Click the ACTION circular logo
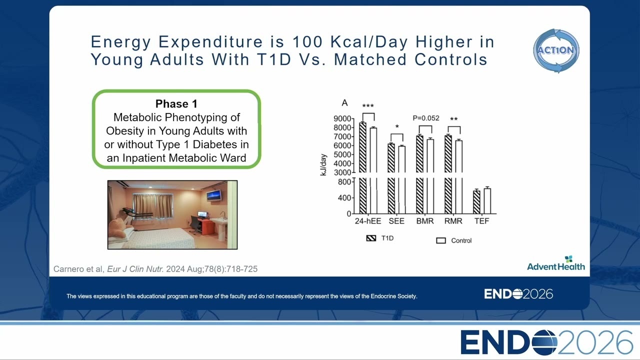pyautogui.click(x=556, y=50)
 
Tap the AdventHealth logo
pyautogui.click(x=555, y=263)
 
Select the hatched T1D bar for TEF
pyautogui.click(x=476, y=201)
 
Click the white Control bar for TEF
pyautogui.click(x=487, y=200)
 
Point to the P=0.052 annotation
pyautogui.click(x=426, y=118)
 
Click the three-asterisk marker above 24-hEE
pyautogui.click(x=368, y=106)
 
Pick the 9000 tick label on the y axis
pyautogui.click(x=342, y=118)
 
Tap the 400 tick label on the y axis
pyautogui.click(x=344, y=197)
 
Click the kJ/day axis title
pyautogui.click(x=323, y=165)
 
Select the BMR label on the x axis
pyautogui.click(x=425, y=221)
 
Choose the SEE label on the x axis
pyautogui.click(x=396, y=221)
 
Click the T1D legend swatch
pyautogui.click(x=371, y=238)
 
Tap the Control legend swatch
pyautogui.click(x=441, y=240)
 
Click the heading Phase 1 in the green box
pyautogui.click(x=176, y=103)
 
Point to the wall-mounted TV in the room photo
pyautogui.click(x=214, y=195)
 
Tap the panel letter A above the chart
pyautogui.click(x=344, y=103)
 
